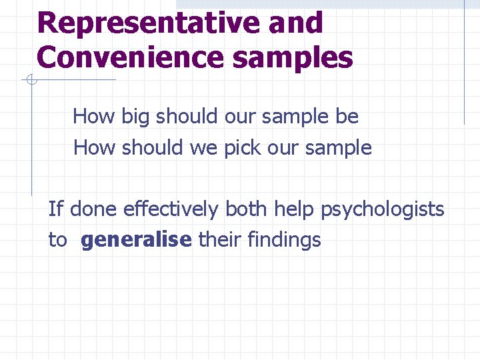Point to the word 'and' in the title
[x=296, y=23]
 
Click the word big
[x=136, y=117]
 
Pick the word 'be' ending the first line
[x=347, y=117]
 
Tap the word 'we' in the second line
[x=203, y=147]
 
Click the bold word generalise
[x=136, y=240]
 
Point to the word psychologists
[x=382, y=209]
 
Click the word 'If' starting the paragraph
[x=55, y=209]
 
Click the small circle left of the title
[x=31, y=81]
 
